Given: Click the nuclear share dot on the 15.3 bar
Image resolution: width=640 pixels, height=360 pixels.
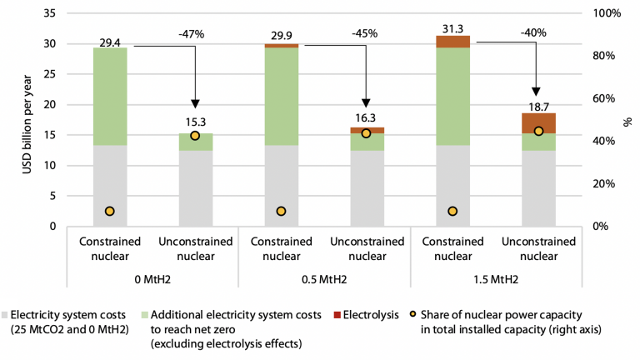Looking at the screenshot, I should (x=195, y=136).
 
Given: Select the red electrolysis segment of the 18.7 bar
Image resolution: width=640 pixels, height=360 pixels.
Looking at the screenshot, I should (x=538, y=122).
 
